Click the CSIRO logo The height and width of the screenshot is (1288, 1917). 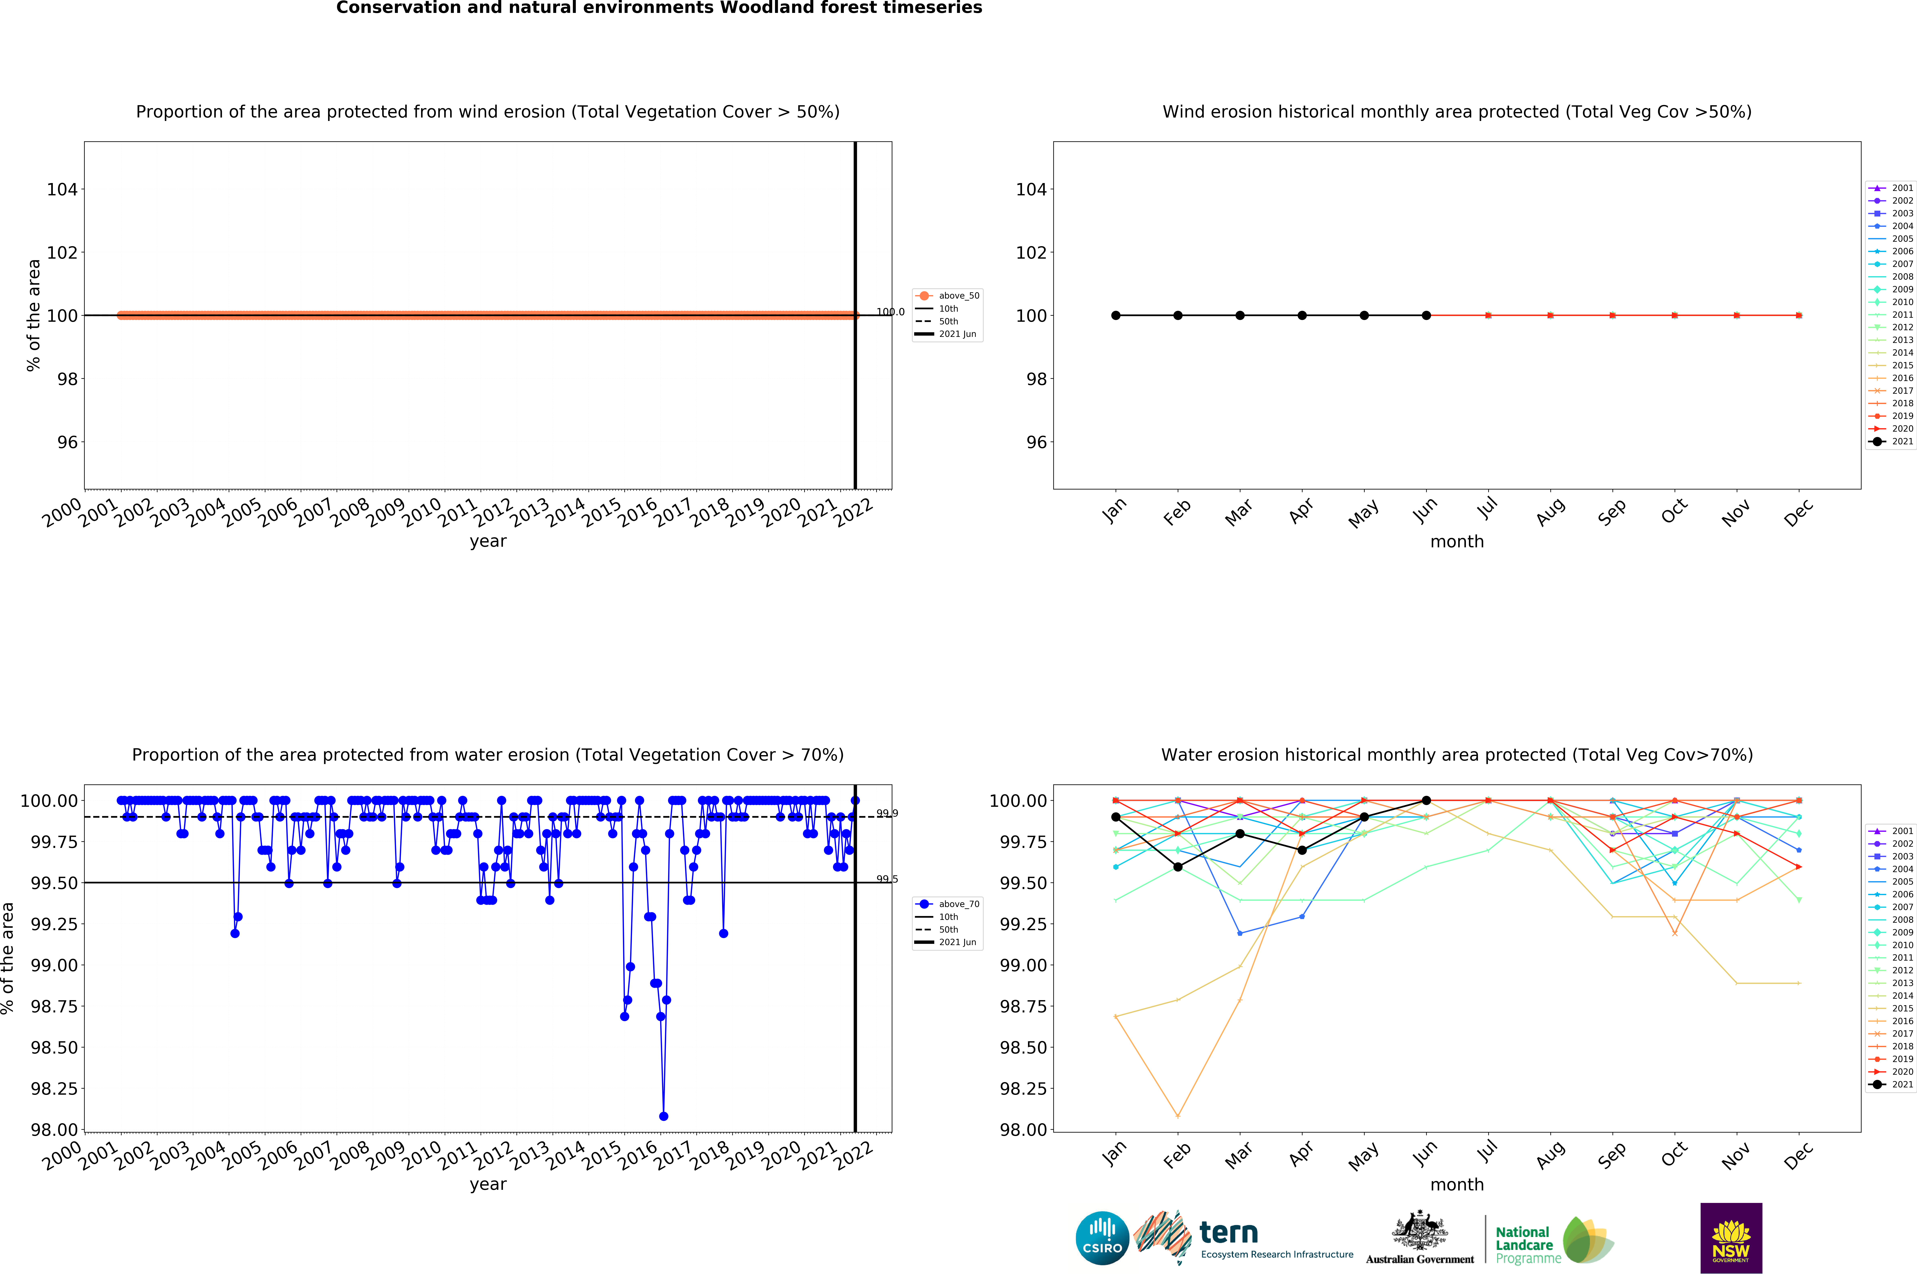[x=1102, y=1238]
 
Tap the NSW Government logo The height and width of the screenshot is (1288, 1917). [x=1730, y=1238]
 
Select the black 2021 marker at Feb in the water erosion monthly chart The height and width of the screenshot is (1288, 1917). [x=1178, y=867]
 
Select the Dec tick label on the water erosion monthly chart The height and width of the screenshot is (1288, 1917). [x=1798, y=1156]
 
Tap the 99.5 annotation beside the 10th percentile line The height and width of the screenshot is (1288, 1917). [x=887, y=879]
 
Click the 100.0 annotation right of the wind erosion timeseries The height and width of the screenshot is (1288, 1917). [x=890, y=312]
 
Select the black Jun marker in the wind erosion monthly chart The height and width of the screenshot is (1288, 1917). [x=1426, y=315]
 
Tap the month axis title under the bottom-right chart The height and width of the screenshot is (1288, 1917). [x=1457, y=1185]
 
